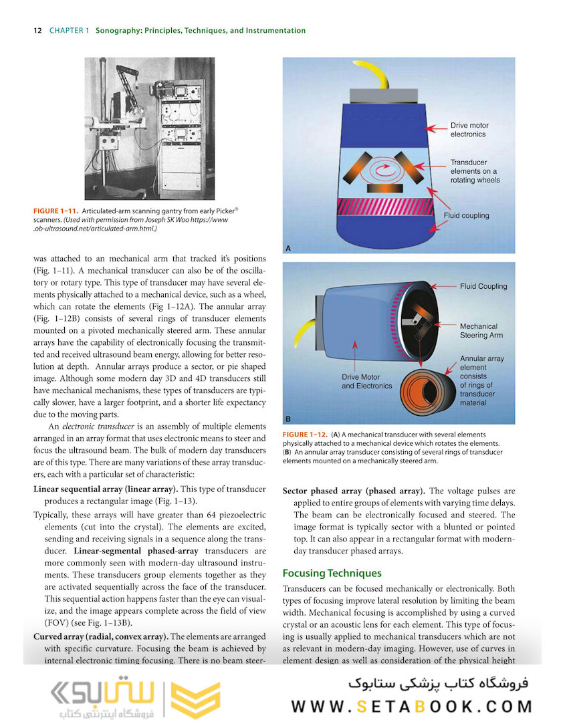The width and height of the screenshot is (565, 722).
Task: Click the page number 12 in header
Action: [x=37, y=31]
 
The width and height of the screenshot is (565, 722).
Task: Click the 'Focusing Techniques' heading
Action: [x=332, y=573]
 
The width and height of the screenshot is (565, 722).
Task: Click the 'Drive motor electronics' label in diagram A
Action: [x=469, y=130]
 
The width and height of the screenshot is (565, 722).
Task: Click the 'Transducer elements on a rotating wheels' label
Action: [x=474, y=171]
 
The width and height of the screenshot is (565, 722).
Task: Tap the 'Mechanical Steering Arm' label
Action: [x=481, y=331]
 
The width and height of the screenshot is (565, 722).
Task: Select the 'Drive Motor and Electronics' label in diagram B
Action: [x=366, y=382]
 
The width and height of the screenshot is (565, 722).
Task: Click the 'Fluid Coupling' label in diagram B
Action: [x=483, y=286]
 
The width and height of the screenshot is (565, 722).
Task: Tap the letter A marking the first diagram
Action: [x=288, y=248]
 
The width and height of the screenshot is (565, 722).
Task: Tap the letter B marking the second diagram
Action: [x=288, y=418]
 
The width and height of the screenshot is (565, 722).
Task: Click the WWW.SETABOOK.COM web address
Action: [x=411, y=707]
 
